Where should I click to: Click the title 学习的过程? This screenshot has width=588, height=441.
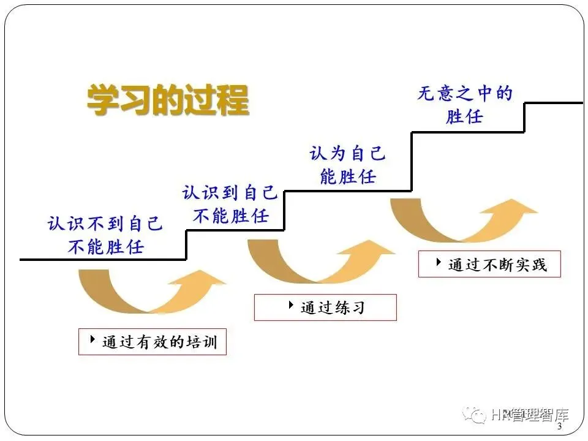[x=167, y=100]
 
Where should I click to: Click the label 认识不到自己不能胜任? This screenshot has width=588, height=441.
[x=105, y=235]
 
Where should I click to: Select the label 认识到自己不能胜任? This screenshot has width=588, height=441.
[x=230, y=205]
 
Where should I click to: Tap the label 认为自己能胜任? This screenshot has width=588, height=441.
[x=347, y=165]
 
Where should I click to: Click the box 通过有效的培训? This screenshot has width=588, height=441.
[x=152, y=342]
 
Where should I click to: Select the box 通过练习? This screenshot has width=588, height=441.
[x=325, y=307]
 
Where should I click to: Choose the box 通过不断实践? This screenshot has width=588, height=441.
[x=489, y=264]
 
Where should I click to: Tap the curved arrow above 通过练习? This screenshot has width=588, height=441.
[x=318, y=260]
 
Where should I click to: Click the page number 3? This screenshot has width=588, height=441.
[x=559, y=426]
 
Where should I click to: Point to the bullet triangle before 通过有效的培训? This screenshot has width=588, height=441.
[x=92, y=339]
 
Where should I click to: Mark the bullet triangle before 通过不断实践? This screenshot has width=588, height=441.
[x=439, y=262]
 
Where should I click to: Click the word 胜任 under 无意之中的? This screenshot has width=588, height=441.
[x=464, y=116]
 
